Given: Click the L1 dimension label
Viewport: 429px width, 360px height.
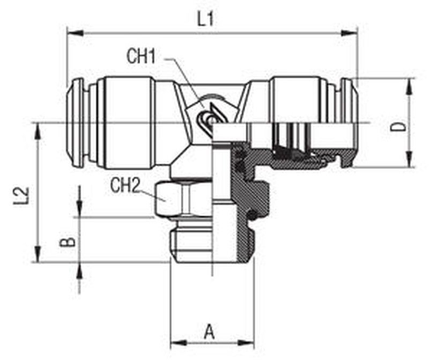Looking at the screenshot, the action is [206, 19].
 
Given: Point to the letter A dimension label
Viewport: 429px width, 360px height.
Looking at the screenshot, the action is [209, 332].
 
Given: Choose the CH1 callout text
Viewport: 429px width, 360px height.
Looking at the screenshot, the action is [141, 57].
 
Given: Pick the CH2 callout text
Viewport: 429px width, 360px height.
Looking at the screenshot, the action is [125, 185].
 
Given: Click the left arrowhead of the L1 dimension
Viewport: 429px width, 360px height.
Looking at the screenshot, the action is [75, 33].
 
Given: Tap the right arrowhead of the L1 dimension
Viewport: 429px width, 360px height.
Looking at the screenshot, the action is [350, 33].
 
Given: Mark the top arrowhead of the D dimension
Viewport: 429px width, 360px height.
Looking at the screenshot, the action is [409, 87].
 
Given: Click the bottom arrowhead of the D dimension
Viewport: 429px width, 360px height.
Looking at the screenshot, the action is [409, 159].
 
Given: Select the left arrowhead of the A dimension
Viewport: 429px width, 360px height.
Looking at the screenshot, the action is [179, 342].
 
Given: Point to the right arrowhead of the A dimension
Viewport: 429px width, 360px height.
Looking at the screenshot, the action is [247, 342].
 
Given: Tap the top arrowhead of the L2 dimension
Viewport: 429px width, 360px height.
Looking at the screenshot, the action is [38, 131].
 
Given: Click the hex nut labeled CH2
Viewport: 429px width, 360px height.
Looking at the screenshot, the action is [184, 199].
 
